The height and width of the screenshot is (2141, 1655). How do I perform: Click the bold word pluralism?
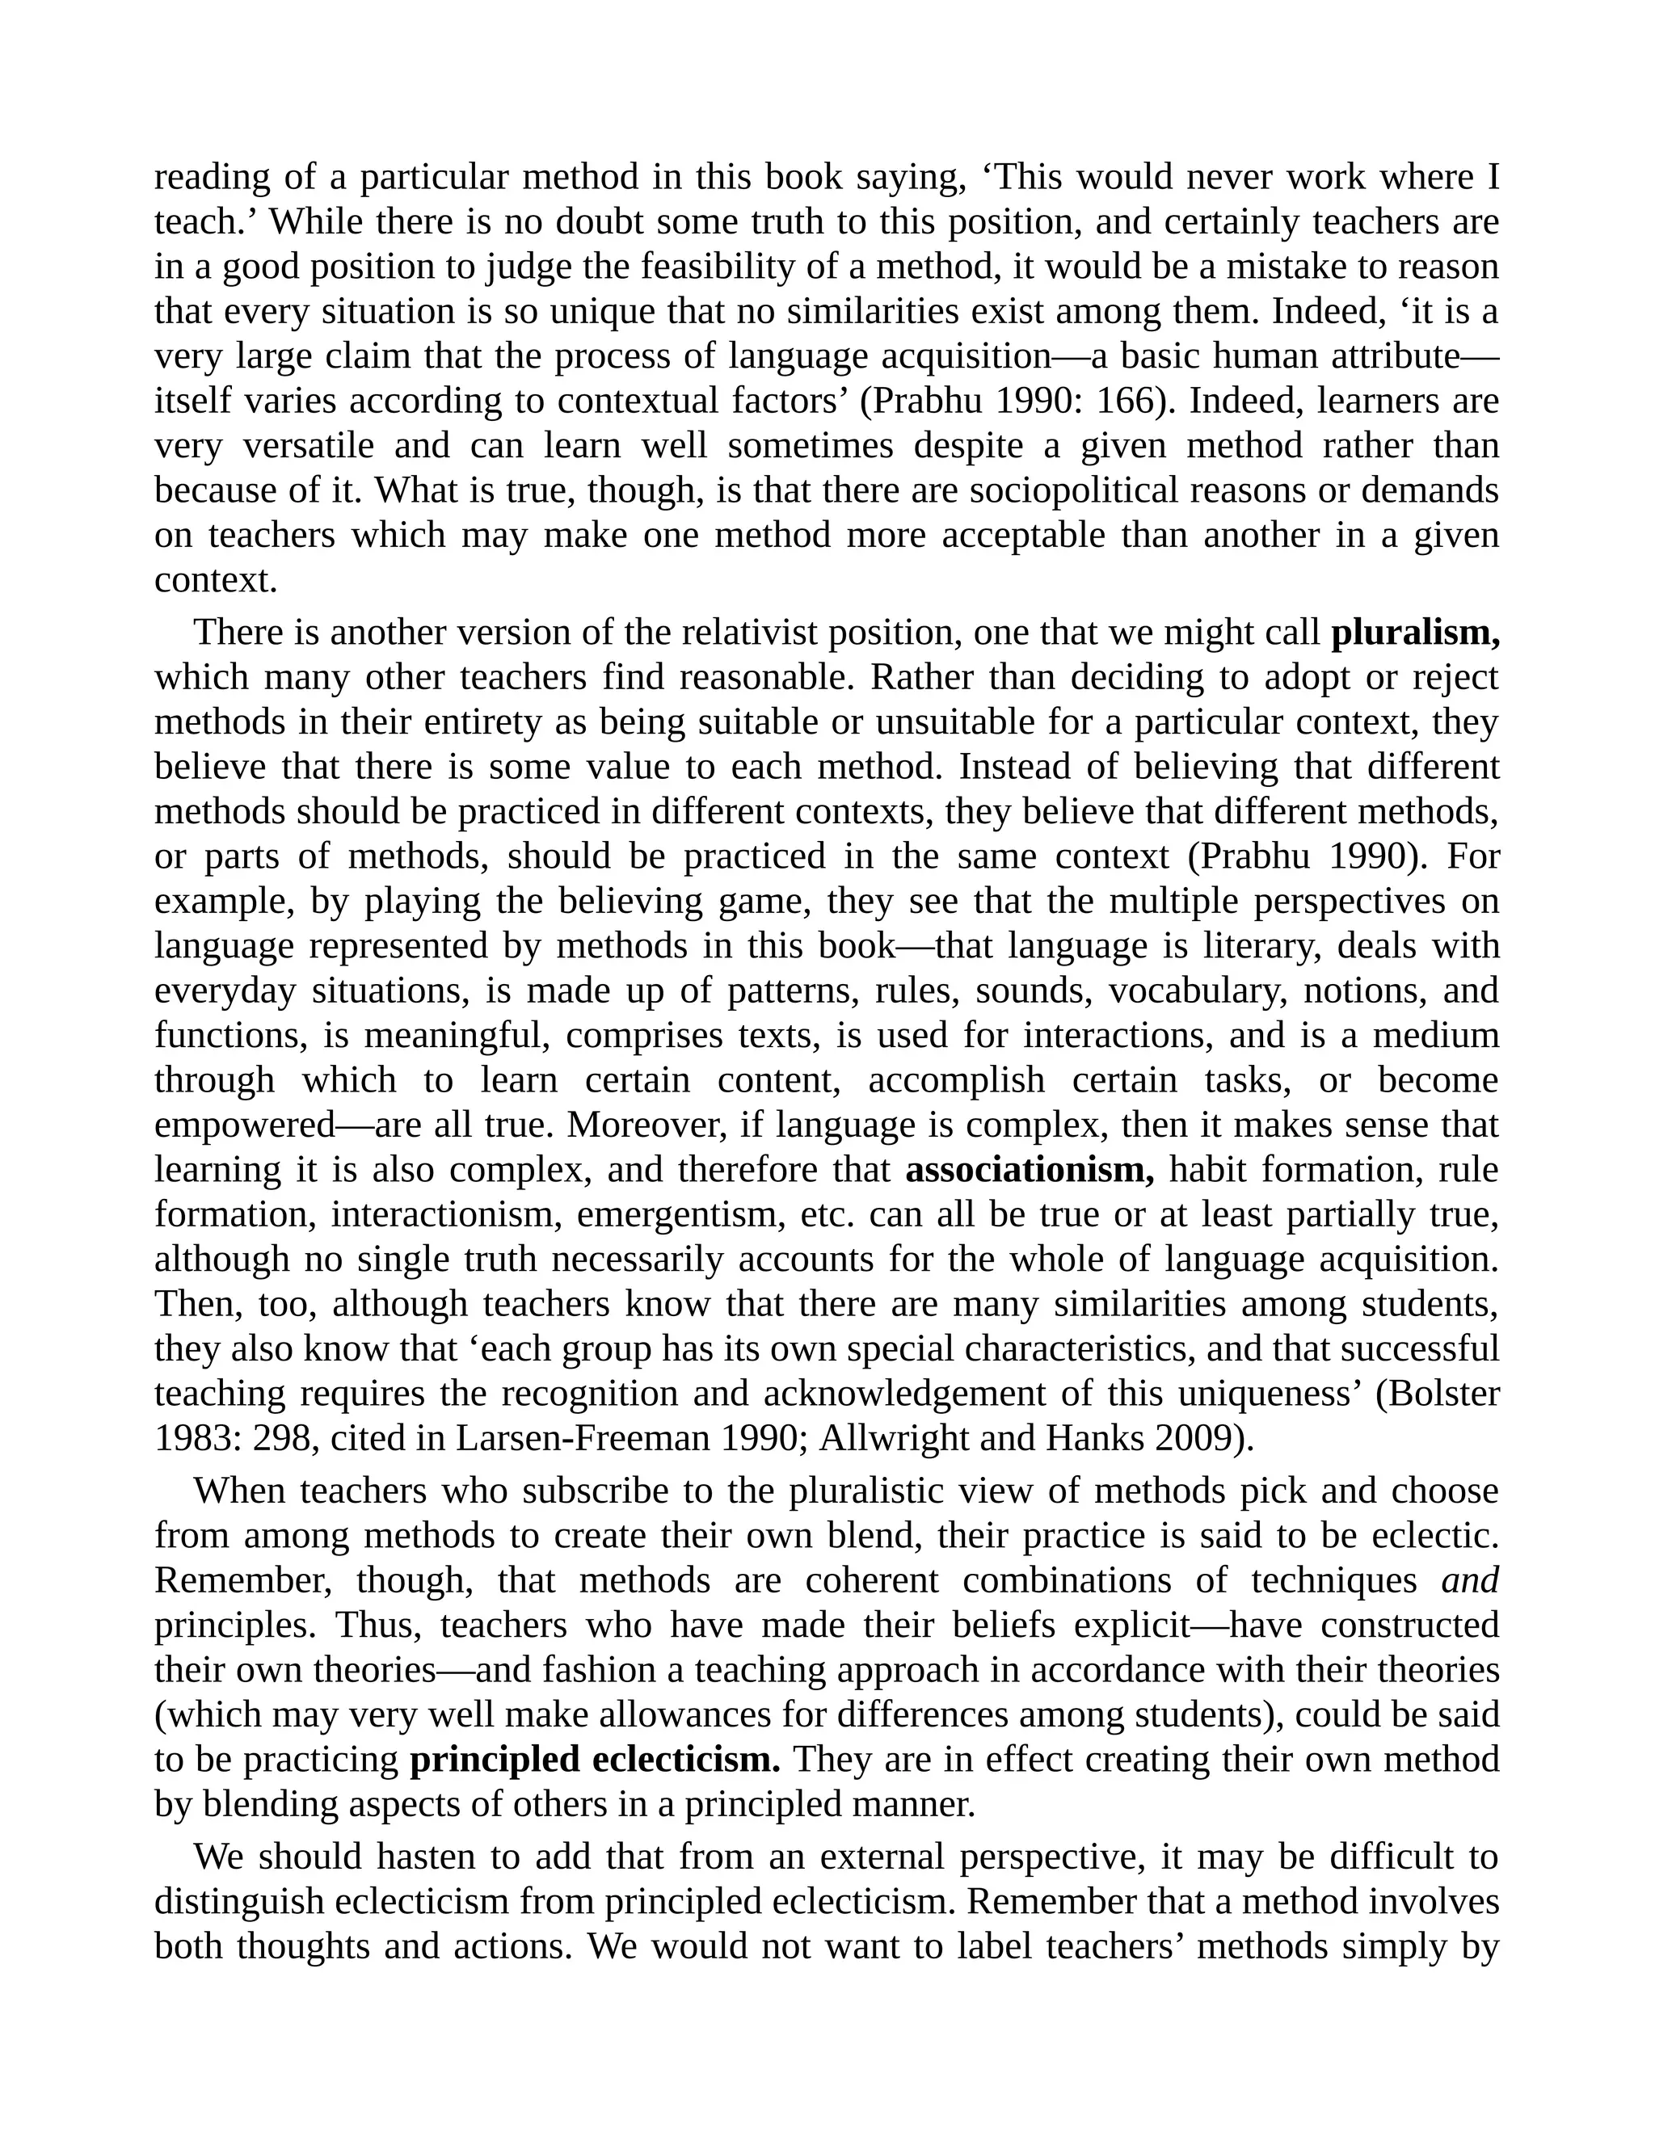pyautogui.click(x=1415, y=633)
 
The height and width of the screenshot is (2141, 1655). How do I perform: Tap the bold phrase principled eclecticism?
pyautogui.click(x=594, y=1760)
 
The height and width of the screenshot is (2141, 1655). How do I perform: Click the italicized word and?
pyautogui.click(x=1470, y=1581)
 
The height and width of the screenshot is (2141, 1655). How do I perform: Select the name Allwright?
pyautogui.click(x=895, y=1438)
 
